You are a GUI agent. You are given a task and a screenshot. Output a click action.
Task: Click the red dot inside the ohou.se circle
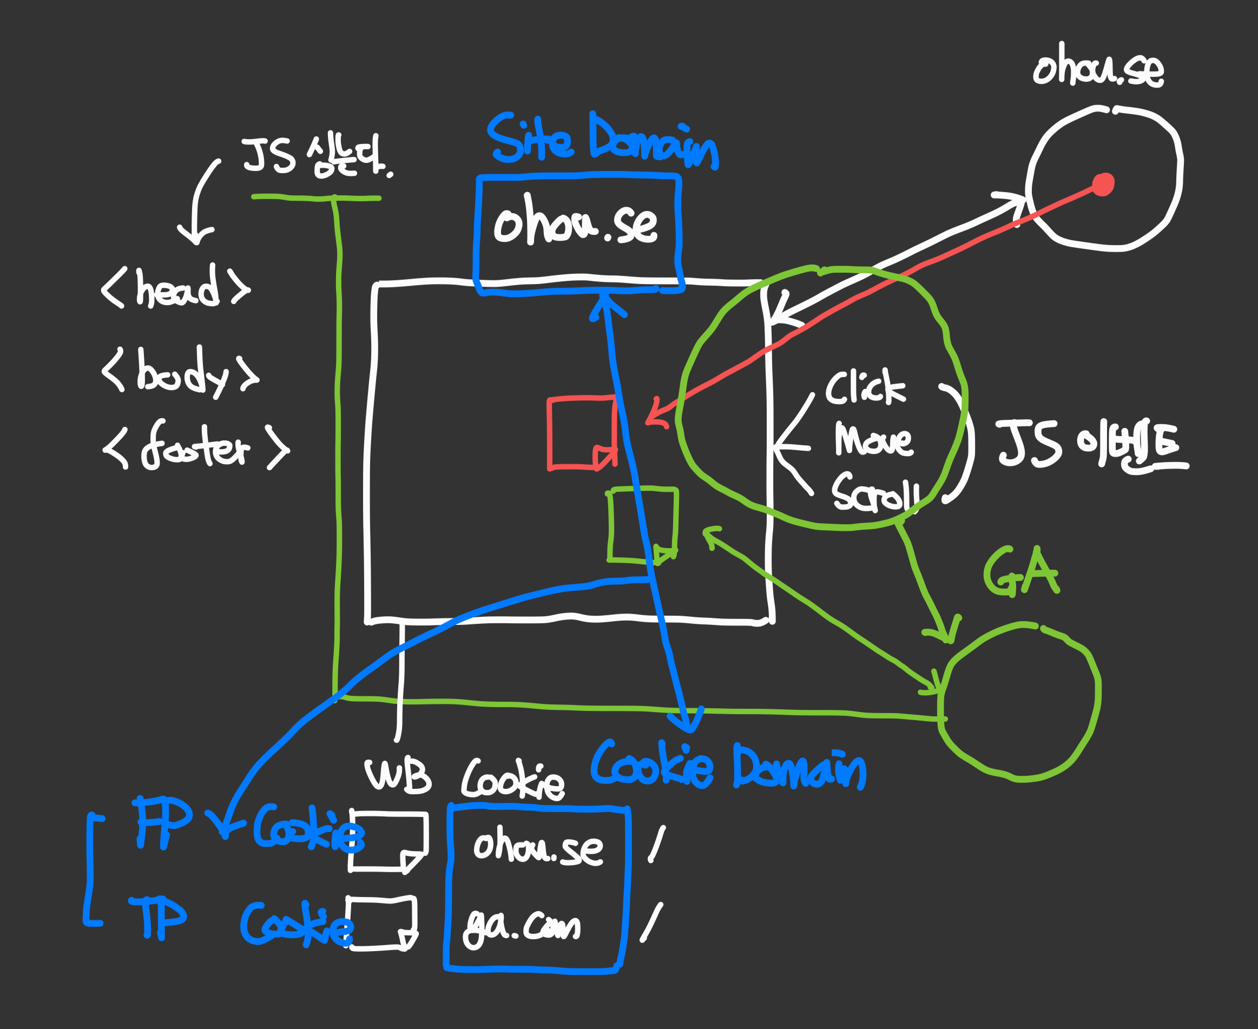click(1103, 184)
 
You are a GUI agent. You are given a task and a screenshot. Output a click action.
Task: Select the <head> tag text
click(176, 287)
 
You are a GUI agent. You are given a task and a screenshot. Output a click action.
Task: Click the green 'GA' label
click(1022, 571)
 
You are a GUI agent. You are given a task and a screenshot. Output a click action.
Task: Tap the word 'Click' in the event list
click(866, 388)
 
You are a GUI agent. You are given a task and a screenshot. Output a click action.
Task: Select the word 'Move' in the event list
click(873, 440)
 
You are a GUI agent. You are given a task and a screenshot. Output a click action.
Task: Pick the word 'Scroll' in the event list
click(875, 492)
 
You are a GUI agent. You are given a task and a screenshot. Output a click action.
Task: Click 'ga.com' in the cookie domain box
click(522, 926)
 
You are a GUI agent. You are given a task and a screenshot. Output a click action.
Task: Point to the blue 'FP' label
click(162, 821)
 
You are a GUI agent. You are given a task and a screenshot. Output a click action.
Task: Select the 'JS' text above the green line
click(268, 155)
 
